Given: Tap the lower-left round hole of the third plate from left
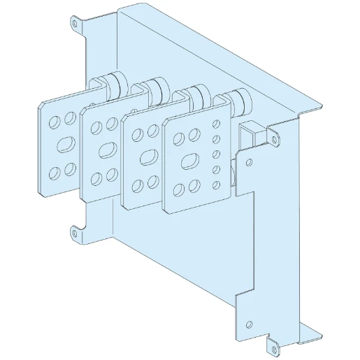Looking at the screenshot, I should tap(136, 182).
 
